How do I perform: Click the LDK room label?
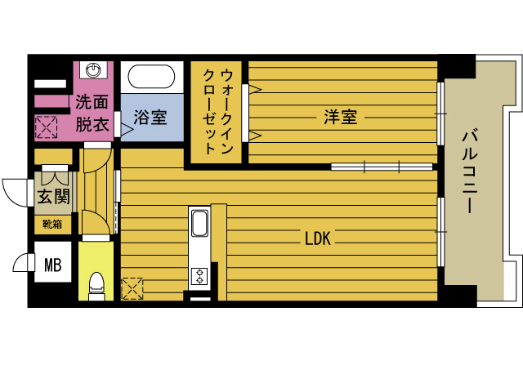point(317,238)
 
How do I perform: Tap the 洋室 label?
point(340,118)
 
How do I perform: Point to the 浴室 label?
point(150,118)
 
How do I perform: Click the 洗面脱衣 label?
point(92,113)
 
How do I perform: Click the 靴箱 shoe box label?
point(52,223)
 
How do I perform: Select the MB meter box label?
point(53,264)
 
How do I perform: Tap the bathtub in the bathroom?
point(152,78)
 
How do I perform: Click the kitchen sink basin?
point(200,223)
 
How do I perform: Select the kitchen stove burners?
point(199,275)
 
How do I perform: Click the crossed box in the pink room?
point(46,127)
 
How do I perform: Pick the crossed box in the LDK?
point(132,288)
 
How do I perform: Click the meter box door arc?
point(23,263)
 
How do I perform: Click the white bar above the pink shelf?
point(50,83)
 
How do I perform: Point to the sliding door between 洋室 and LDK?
point(381,167)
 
